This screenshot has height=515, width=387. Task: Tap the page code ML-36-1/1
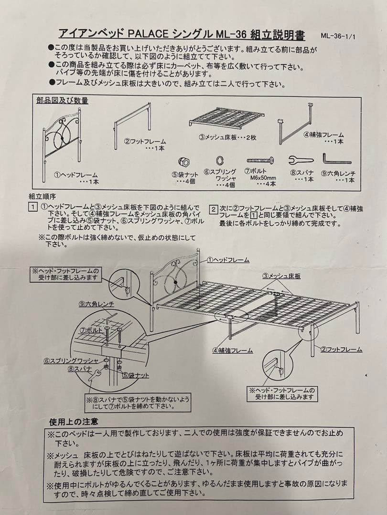338,36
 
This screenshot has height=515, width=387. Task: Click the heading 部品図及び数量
62,101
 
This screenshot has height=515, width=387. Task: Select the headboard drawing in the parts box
62,144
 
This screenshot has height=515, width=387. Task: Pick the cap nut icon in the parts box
183,162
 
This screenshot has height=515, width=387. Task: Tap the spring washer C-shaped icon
220,161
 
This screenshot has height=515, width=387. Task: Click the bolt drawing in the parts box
260,160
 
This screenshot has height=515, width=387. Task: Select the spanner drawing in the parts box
301,160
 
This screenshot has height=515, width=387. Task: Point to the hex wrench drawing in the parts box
336,159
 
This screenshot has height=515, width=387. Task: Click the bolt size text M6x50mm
263,178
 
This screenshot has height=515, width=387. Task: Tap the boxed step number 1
32,207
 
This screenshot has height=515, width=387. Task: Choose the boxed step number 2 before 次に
214,209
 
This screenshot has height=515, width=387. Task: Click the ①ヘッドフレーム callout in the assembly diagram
228,260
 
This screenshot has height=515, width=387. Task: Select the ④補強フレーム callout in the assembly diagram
232,350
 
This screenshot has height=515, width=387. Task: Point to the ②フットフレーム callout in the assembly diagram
341,350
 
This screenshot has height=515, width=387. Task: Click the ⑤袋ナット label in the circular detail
136,375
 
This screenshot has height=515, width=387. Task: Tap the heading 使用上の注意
74,422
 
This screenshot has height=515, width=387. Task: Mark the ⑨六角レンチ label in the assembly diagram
97,304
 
